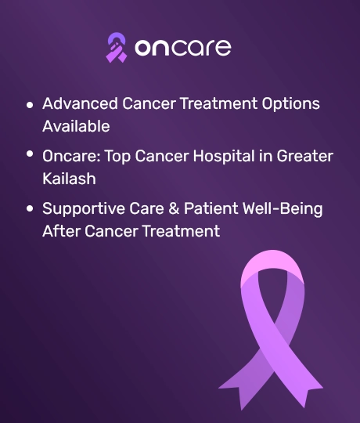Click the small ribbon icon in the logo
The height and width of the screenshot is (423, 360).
coord(117,48)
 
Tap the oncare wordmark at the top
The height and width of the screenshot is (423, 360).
coord(183,48)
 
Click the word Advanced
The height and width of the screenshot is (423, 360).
coord(80,103)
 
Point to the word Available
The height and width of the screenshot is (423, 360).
coord(76,126)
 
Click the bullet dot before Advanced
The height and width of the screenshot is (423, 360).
coord(30,105)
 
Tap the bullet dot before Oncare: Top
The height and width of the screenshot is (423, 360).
coord(30,154)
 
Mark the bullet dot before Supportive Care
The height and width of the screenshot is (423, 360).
coord(30,208)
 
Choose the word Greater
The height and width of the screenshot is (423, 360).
coord(304,156)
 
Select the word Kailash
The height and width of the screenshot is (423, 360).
coord(69,179)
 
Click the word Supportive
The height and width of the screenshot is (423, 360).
coord(83,209)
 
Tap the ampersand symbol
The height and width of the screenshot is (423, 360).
coord(174,208)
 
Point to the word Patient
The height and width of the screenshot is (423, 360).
coord(211,208)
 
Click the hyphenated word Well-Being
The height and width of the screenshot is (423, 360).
coord(283,209)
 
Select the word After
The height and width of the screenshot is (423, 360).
coord(61,231)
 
